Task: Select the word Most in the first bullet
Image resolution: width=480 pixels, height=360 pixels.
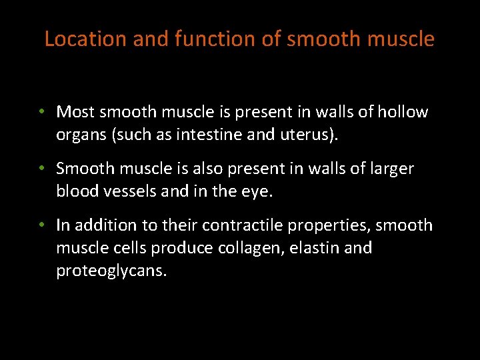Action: (x=75, y=112)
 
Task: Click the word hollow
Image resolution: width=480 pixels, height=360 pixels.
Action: (x=403, y=112)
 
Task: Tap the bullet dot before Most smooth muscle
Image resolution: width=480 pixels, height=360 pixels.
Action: (x=41, y=112)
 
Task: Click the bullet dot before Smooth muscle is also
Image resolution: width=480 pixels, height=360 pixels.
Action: (x=41, y=169)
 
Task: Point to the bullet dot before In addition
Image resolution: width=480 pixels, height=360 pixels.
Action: (x=41, y=225)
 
